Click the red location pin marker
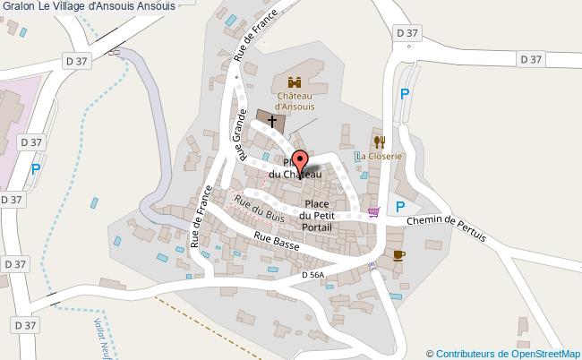[x=301, y=162]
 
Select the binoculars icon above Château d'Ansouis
[x=293, y=81]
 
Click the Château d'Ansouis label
[x=294, y=99]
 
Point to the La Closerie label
[x=380, y=156]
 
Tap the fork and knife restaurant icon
[x=380, y=141]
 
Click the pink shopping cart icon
[x=373, y=211]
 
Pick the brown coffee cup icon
[x=398, y=255]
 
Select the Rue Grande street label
[x=239, y=134]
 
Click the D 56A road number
[x=312, y=274]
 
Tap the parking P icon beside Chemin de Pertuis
[x=400, y=206]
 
